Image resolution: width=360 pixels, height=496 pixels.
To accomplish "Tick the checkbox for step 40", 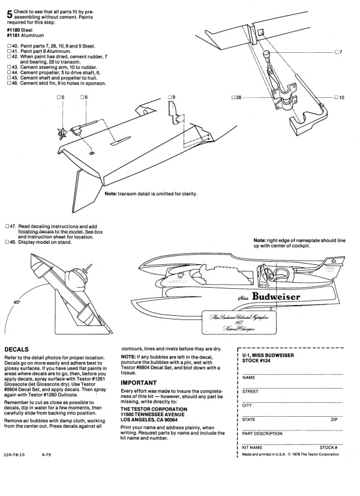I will click(9, 46).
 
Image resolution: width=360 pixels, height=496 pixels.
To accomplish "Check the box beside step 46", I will click(9, 83).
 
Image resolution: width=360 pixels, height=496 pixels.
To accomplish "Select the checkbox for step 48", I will click(9, 242).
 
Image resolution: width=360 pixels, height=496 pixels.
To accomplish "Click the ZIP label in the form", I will click(335, 419).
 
